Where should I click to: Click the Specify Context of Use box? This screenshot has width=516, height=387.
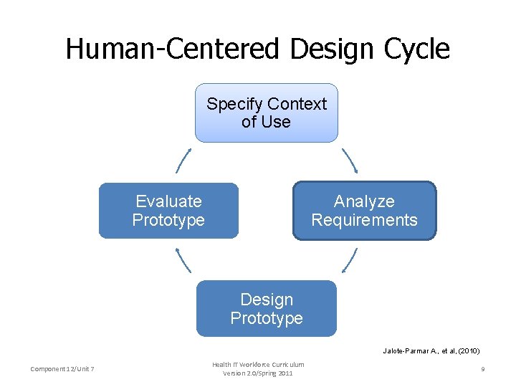point(266,113)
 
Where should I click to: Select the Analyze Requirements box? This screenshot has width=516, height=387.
point(364,211)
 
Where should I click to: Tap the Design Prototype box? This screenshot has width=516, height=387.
point(266,309)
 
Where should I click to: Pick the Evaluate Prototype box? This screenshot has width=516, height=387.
point(168,211)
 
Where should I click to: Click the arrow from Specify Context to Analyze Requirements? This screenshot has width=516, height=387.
point(350,161)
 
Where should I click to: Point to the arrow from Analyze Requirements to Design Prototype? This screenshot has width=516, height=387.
point(350,260)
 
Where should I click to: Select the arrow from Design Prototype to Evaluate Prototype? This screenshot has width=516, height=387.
point(183,260)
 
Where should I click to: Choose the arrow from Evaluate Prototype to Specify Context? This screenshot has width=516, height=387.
point(183,161)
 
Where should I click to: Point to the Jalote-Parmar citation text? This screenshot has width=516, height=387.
point(431,351)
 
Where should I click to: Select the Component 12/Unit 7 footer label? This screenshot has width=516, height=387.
point(64,369)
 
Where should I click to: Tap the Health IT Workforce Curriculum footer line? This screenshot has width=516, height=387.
point(258,365)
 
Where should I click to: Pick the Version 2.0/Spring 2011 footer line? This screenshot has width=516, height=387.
point(258,373)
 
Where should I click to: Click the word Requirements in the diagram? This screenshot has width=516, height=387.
point(364,220)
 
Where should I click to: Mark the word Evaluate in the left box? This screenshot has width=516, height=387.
point(168,201)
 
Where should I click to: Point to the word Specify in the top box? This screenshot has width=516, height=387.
point(234,104)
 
